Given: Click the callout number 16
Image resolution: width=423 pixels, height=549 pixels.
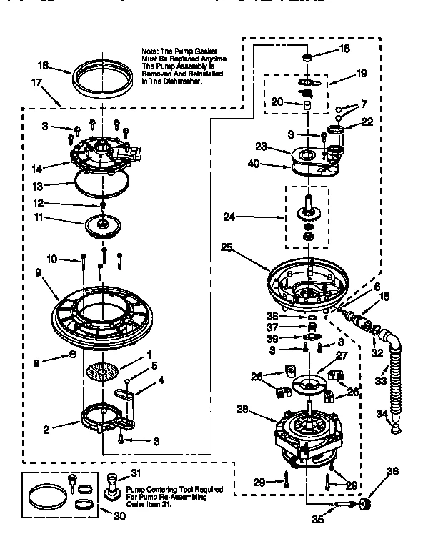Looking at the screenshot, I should [x=43, y=66].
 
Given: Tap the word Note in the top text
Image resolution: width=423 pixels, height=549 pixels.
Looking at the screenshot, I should [x=151, y=53].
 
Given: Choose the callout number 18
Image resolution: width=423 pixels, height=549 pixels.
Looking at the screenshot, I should [x=344, y=49].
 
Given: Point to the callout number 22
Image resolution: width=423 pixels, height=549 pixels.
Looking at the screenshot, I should [x=368, y=121].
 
